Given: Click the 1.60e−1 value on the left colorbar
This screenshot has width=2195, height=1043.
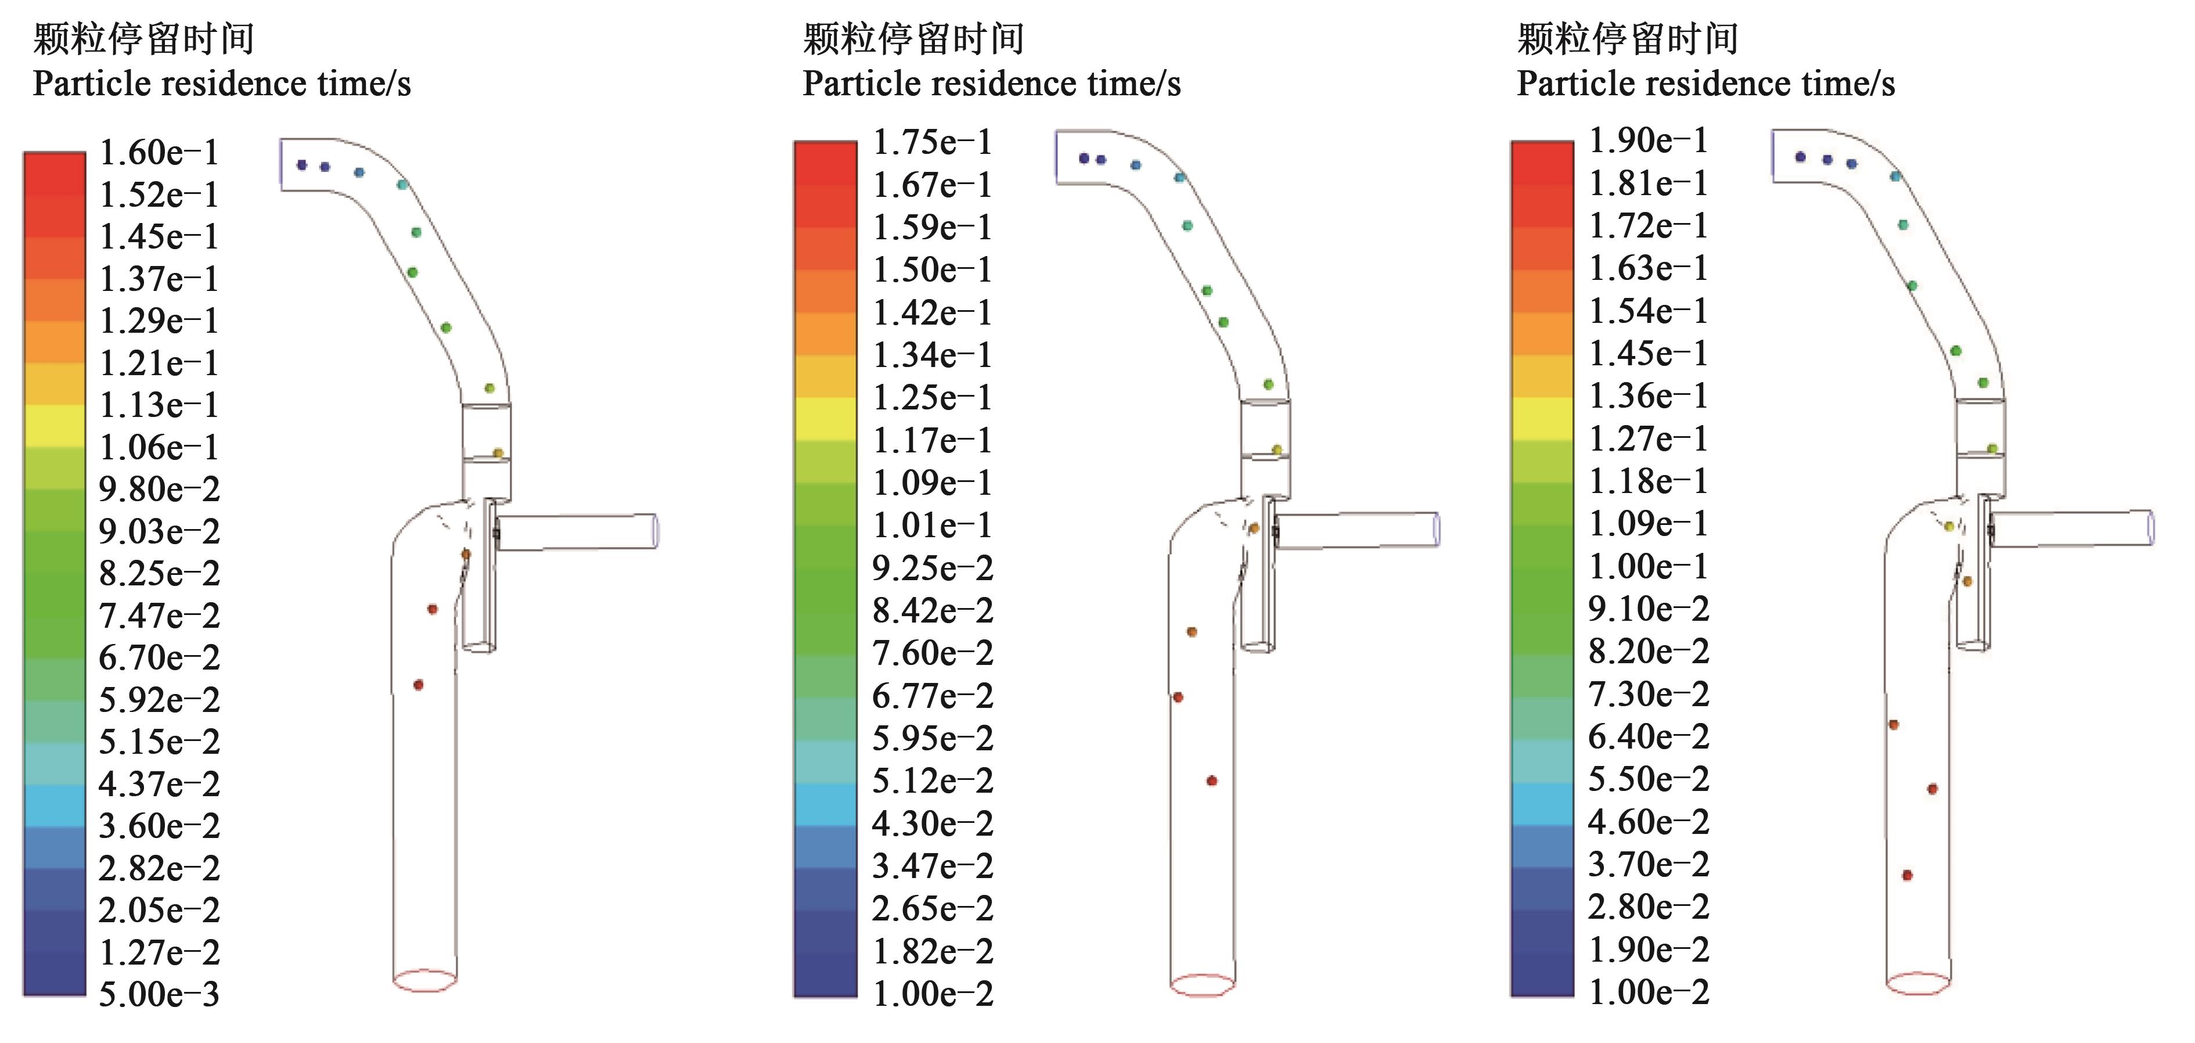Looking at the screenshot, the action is click(159, 153).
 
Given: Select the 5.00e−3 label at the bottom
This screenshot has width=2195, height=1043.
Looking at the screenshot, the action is click(159, 994).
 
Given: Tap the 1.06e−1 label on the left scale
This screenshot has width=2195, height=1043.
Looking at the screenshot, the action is click(159, 447).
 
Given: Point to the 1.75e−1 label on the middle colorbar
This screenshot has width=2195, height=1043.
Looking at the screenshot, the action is click(933, 142).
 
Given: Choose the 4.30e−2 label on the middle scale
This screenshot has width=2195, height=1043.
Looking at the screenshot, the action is click(933, 823).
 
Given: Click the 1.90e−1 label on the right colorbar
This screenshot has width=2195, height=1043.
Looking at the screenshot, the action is click(1649, 140).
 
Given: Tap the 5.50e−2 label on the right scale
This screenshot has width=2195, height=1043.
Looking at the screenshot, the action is click(1649, 779).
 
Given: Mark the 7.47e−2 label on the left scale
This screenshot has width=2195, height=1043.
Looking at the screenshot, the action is click(159, 615).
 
